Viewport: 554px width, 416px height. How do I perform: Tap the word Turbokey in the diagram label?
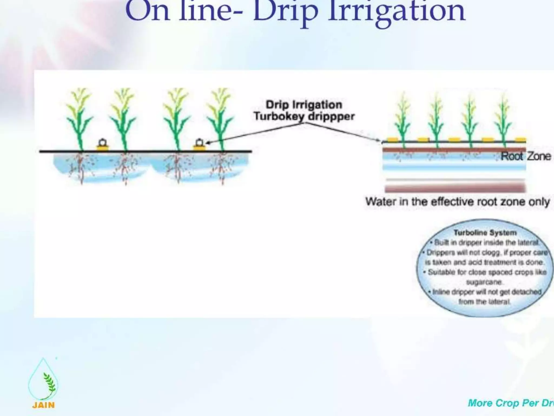(x=278, y=116)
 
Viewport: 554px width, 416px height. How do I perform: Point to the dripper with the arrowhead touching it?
(x=199, y=145)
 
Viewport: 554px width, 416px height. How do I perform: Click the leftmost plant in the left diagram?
(x=79, y=119)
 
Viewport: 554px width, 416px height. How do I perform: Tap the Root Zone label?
(x=526, y=156)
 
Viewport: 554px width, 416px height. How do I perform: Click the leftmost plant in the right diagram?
(x=403, y=119)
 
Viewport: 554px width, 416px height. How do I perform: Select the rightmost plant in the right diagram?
(x=503, y=119)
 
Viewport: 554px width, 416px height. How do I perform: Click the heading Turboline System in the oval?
(x=485, y=233)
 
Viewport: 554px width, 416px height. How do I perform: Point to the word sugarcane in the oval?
(x=484, y=282)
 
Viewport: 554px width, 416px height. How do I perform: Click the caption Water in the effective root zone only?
(x=457, y=202)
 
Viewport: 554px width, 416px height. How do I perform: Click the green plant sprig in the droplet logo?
(x=49, y=382)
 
